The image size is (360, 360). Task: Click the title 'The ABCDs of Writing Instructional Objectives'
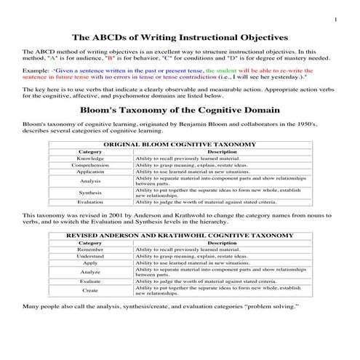click(x=180, y=36)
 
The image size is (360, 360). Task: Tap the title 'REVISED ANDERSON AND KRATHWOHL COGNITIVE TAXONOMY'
click(x=180, y=236)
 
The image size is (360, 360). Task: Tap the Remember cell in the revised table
click(x=90, y=249)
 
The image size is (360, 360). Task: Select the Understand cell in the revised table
click(x=90, y=256)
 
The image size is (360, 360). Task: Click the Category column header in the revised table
click(x=90, y=243)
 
